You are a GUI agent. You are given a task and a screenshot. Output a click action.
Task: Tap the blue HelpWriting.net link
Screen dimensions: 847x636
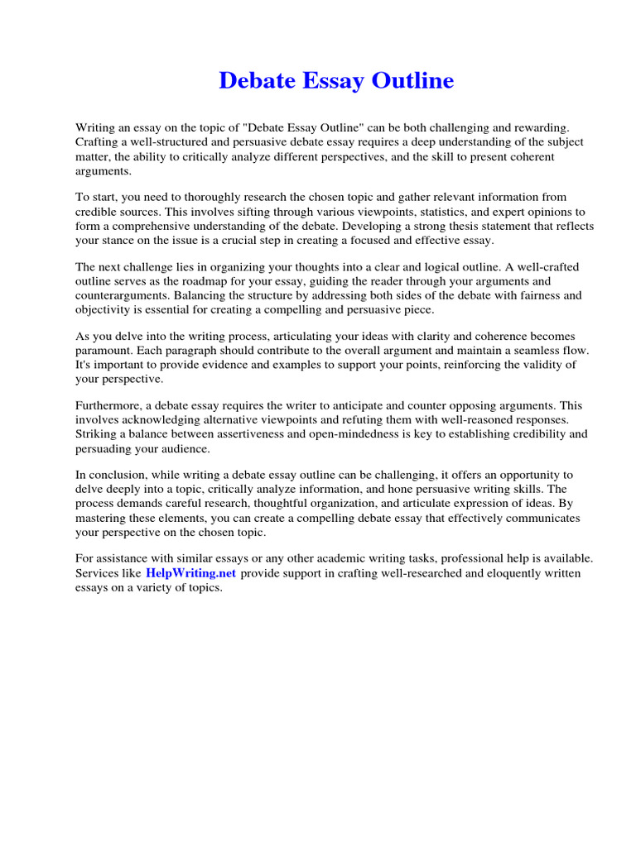point(191,572)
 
